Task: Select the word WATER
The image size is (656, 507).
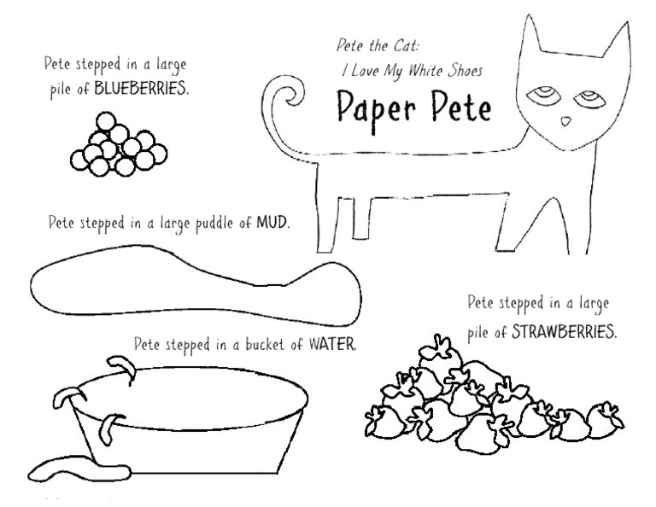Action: pyautogui.click(x=332, y=345)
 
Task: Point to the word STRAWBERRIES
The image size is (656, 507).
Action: pyautogui.click(x=563, y=330)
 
